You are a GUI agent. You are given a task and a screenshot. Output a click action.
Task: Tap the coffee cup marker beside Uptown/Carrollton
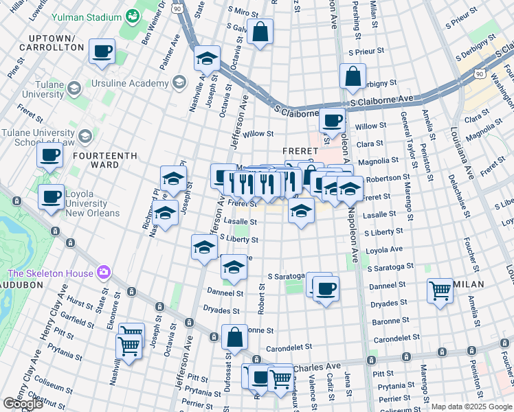[x=102, y=51]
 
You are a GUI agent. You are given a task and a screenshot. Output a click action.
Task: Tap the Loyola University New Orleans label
[x=92, y=203]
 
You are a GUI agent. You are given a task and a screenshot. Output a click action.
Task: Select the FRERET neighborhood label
[x=298, y=150]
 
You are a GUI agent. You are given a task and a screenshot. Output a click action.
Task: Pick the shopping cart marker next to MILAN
[x=440, y=290]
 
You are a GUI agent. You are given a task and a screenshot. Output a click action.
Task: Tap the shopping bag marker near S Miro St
[x=260, y=32]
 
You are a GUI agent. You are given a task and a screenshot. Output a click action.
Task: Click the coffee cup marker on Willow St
[x=333, y=120]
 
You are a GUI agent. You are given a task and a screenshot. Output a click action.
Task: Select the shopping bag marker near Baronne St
[x=234, y=337]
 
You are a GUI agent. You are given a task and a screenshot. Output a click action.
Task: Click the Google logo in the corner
[x=23, y=404]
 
